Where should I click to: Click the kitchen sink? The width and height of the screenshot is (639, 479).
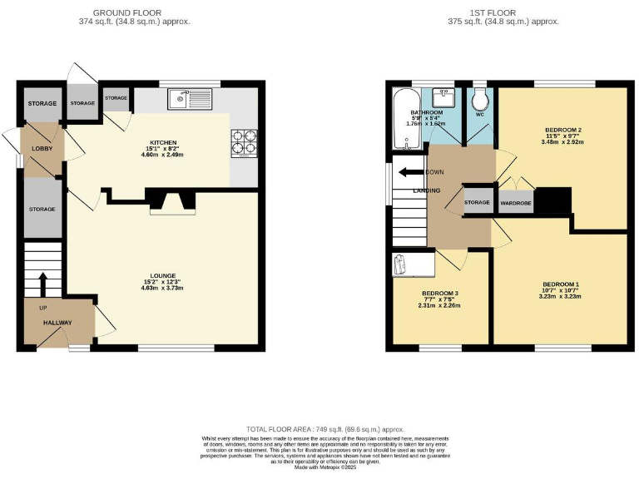[191, 101]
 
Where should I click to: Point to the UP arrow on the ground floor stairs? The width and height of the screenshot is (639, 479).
[41, 283]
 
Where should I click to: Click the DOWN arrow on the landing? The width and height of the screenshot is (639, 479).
[409, 173]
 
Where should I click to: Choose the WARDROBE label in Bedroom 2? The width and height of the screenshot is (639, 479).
[515, 202]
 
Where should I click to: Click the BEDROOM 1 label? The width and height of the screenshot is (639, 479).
[559, 285]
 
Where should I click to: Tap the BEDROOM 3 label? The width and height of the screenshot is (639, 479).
[439, 294]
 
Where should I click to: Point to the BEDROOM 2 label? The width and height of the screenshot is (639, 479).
[562, 131]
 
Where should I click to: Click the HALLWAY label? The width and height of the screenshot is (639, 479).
[58, 323]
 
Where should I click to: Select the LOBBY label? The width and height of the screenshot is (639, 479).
[42, 148]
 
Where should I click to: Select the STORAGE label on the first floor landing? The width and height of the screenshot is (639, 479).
[477, 202]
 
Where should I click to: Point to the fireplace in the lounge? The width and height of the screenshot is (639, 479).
[171, 201]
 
